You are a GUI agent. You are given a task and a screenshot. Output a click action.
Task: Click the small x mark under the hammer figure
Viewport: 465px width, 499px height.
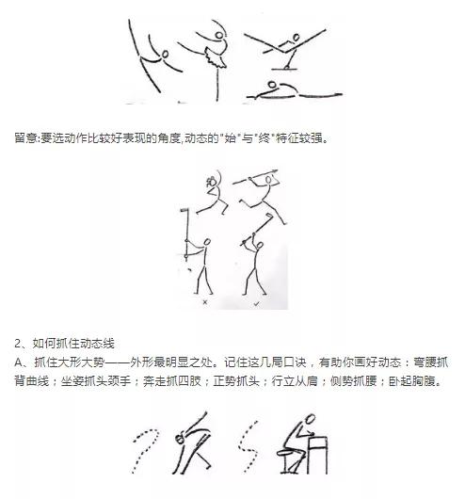point(206,304)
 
